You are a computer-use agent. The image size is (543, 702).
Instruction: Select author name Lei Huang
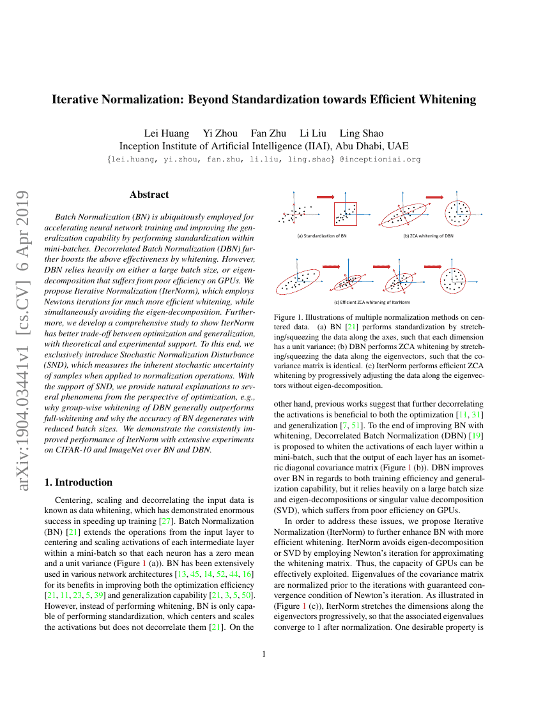click(x=167, y=133)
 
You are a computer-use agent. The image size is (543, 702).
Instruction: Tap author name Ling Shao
click(x=362, y=133)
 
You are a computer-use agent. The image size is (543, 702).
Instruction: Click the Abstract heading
click(x=149, y=194)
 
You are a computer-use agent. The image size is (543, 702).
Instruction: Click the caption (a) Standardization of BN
click(x=321, y=236)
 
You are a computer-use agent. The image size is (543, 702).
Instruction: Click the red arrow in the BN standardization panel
click(x=326, y=197)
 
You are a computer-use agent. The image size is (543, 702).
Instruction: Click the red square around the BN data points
click(x=346, y=214)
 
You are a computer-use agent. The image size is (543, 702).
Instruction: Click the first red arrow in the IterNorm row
click(x=330, y=267)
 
